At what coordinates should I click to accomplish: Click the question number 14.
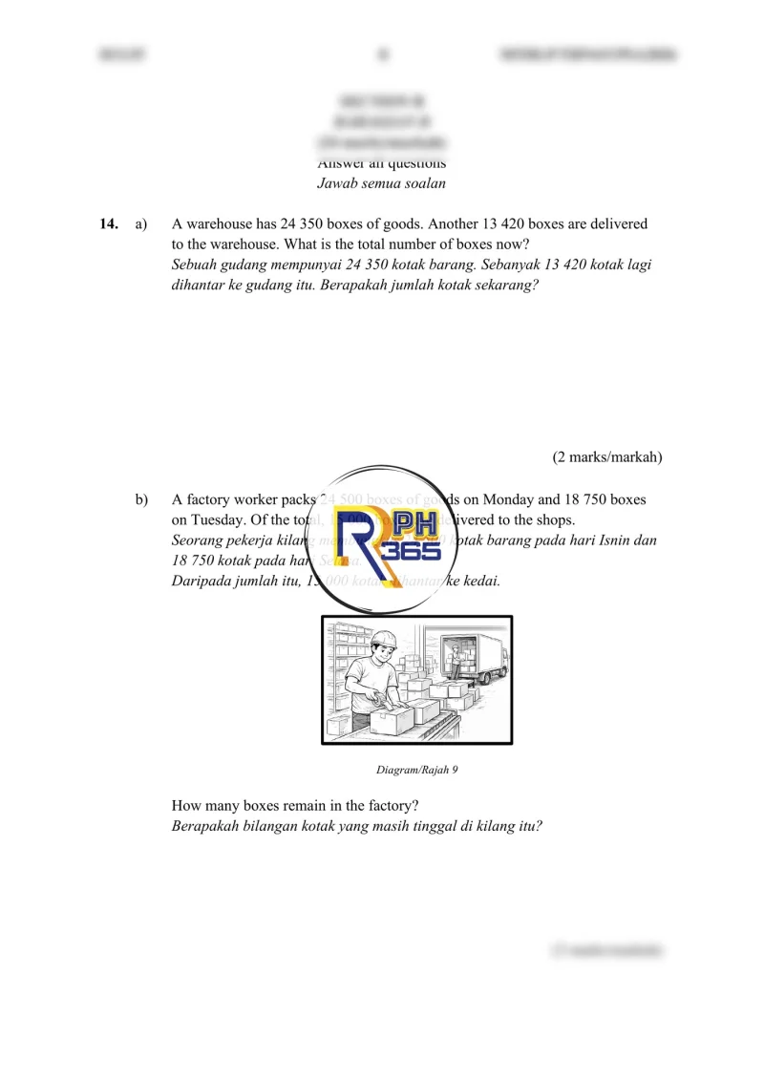[x=108, y=224]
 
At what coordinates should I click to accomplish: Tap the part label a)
[x=141, y=224]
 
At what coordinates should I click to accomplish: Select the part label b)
[x=141, y=499]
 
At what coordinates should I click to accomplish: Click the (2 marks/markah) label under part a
[x=607, y=457]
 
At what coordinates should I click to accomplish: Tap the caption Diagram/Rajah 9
[x=417, y=770]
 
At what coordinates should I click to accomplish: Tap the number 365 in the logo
[x=411, y=553]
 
